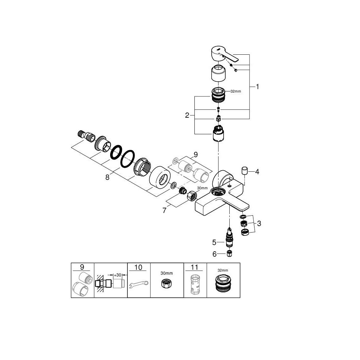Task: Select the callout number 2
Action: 187,116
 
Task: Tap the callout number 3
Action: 259,224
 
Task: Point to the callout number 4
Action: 257,172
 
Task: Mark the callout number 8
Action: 107,177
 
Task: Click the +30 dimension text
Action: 117,275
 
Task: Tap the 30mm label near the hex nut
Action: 202,188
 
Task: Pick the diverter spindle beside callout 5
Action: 228,237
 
